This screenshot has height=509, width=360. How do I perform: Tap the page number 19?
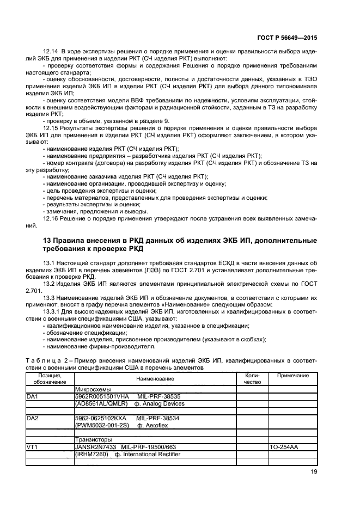313,473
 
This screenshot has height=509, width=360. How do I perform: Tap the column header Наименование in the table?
155,378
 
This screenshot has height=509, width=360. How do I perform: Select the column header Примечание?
292,376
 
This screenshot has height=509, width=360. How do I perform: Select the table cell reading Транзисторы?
92,439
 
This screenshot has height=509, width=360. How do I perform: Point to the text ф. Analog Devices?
161,404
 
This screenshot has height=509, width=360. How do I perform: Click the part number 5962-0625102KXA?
101,418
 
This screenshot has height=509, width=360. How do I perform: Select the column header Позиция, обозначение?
50,378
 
